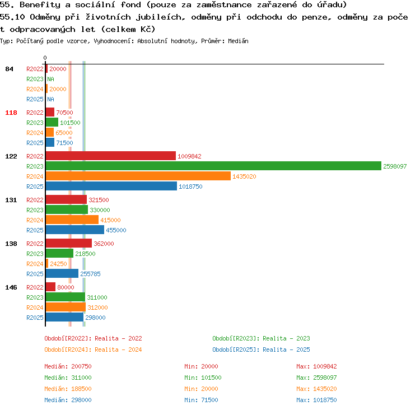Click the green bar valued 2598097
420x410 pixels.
tap(213, 166)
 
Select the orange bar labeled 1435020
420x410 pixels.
tap(138, 176)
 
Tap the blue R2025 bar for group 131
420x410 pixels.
tap(75, 230)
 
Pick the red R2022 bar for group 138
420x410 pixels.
tap(69, 243)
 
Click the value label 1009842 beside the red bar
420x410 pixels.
tap(189, 156)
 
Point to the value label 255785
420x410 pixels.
tap(90, 274)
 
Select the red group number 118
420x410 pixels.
tap(11, 113)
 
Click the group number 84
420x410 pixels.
tap(9, 69)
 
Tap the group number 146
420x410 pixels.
tap(11, 287)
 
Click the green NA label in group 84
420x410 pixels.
tap(50, 79)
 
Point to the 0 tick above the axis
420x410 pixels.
tap(45, 58)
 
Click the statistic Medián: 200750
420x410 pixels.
tap(68, 366)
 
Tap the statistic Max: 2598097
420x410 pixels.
tap(316, 378)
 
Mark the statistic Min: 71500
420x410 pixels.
tap(201, 400)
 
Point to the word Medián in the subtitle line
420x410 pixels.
tap(238, 41)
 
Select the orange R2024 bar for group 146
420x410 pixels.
tap(66, 307)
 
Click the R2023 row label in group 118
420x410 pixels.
tap(35, 123)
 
